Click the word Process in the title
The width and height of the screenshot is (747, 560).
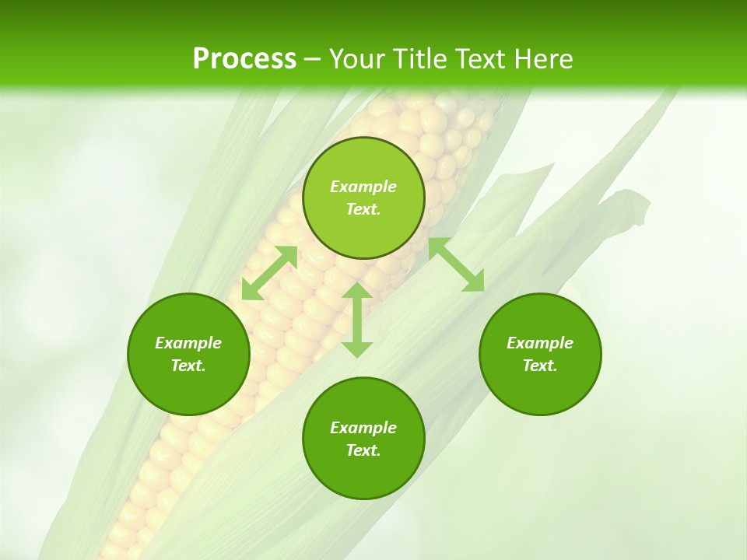click(x=244, y=58)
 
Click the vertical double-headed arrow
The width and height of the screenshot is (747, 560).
click(x=357, y=320)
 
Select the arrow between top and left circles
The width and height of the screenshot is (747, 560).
click(x=269, y=272)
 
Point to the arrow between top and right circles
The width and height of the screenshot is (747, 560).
click(x=456, y=265)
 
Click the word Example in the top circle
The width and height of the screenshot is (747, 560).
click(x=363, y=187)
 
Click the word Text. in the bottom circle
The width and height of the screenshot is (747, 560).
click(x=363, y=450)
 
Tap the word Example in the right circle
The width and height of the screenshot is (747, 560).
click(x=540, y=343)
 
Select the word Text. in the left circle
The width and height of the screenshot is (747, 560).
click(x=188, y=366)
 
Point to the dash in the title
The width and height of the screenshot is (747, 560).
click(x=312, y=59)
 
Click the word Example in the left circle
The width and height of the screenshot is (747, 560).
click(x=188, y=343)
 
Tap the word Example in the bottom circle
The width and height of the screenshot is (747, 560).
click(x=363, y=428)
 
